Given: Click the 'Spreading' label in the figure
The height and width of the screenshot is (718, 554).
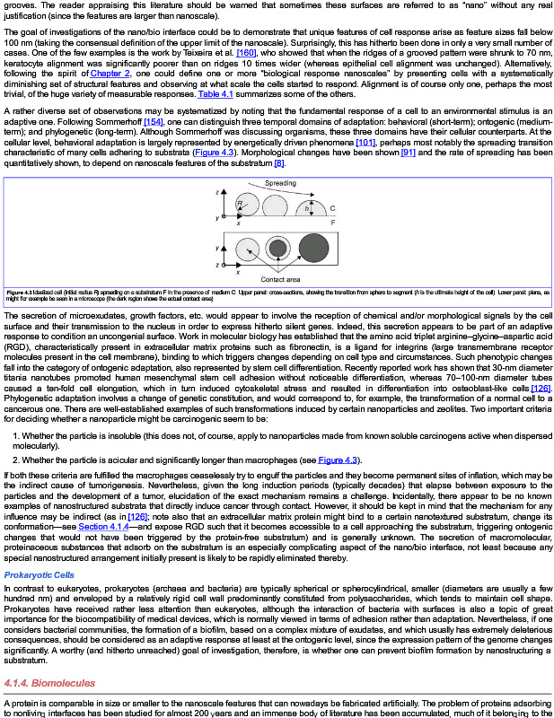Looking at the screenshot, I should point(280,183).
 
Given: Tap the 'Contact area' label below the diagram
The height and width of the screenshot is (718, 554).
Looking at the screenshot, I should point(279,280).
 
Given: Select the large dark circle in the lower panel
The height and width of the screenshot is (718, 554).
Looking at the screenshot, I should point(314,248).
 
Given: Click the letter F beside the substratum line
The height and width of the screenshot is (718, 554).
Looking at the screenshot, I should point(333,222).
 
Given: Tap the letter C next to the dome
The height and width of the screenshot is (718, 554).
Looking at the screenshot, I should point(332,208).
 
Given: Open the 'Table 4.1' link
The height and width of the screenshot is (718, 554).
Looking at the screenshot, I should point(215,93).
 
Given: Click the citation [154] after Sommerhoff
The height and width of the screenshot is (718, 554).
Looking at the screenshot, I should point(154,120).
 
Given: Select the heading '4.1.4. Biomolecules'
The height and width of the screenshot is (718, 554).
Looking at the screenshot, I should point(49,683).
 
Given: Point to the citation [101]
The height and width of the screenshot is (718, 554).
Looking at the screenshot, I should point(365,142).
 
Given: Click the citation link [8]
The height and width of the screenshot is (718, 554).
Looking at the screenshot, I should point(279,162).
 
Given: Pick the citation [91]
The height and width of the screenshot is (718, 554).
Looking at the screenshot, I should point(408,153).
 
